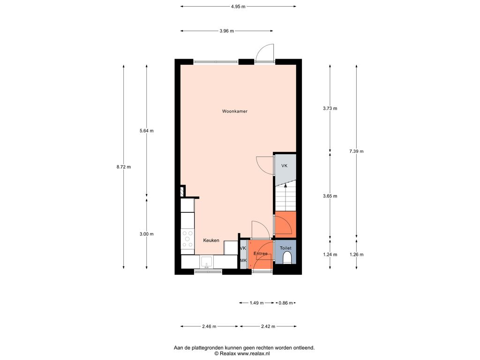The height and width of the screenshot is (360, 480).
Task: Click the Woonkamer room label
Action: tap(235, 112)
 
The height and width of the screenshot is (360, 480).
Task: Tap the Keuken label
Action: tap(211, 240)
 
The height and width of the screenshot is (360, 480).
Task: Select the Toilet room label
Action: tap(285, 248)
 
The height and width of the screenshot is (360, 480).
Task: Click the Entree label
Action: tap(261, 254)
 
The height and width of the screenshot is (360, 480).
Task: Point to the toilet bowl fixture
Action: tap(287, 258)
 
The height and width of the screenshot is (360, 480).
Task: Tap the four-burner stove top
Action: tap(187, 239)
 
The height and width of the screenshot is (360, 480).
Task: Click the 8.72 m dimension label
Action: tap(124, 167)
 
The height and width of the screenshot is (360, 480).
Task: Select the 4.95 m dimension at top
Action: tap(238, 7)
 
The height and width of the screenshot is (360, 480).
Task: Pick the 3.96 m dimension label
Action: tap(226, 31)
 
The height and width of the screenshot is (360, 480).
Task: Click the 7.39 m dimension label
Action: tap(356, 151)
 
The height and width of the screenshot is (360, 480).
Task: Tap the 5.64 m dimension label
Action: tap(147, 131)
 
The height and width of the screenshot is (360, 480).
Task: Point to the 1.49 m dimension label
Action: tap(256, 303)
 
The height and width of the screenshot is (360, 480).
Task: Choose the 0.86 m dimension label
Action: tap(285, 303)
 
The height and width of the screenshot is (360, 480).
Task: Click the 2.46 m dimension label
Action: tap(209, 326)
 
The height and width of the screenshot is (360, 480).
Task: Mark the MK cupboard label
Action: tap(243, 261)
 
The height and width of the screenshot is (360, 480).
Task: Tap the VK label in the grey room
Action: tap(285, 165)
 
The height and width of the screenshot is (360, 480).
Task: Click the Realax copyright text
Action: tap(242, 353)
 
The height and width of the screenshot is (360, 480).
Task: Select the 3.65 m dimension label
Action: tap(330, 196)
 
